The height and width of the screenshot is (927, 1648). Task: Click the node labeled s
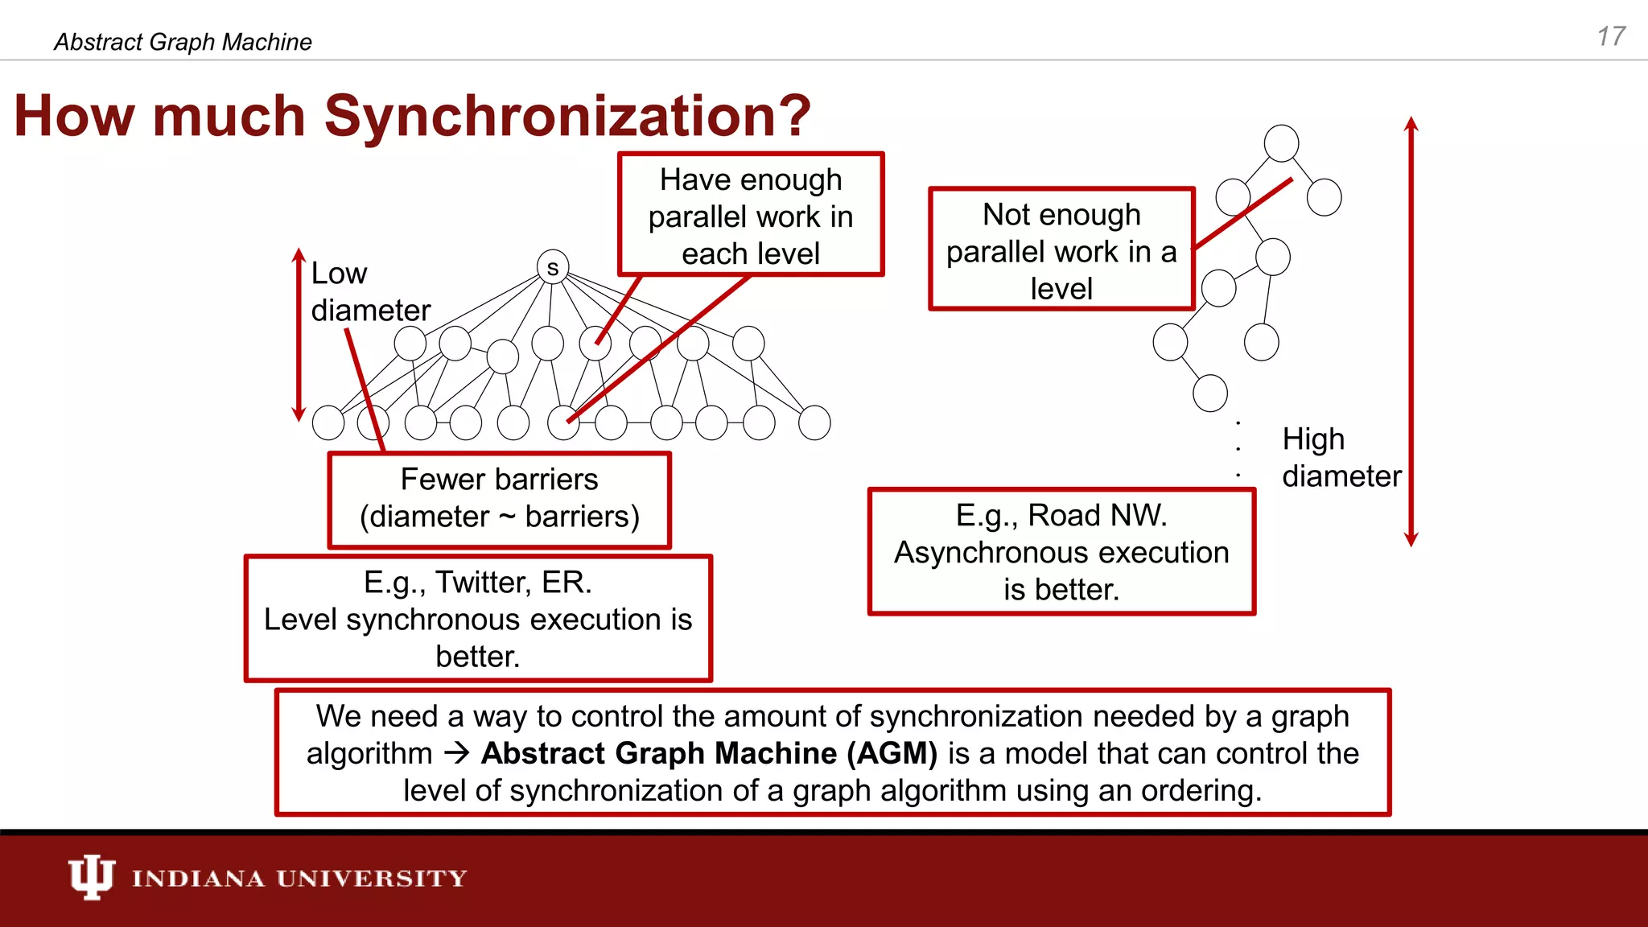553,267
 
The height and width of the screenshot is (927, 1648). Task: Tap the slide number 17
1610,37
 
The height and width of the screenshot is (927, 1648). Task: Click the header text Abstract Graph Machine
183,42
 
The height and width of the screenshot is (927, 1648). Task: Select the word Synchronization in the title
566,116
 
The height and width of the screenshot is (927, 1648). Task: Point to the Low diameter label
369,292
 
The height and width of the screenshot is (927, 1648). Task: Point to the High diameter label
1340,458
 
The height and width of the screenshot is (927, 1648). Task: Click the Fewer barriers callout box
499,499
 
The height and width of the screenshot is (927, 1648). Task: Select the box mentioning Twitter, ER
478,618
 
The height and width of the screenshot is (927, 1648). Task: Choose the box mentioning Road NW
1061,552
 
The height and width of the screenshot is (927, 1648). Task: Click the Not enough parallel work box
1061,250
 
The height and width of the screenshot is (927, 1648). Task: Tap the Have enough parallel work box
750,215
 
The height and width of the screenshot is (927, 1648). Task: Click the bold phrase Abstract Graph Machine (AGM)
709,754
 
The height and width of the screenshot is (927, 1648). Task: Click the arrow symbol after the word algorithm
457,754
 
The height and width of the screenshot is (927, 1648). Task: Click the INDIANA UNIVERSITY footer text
299,878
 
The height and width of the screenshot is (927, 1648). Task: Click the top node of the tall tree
1281,143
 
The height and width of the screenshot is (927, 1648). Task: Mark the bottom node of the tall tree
1209,393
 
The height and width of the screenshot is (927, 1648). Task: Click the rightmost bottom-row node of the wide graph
814,422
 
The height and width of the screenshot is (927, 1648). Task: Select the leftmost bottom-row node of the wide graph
328,422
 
